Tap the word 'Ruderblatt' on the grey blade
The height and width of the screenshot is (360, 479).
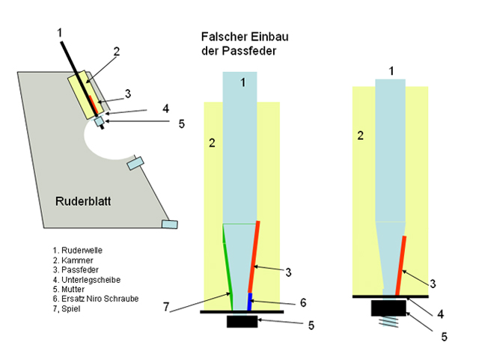click(x=85, y=201)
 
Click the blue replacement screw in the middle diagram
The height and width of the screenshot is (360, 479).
click(x=251, y=302)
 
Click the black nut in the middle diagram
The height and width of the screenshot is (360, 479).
click(x=241, y=322)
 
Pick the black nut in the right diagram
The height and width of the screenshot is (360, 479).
click(x=388, y=306)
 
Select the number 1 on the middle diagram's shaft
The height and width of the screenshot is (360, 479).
click(x=242, y=83)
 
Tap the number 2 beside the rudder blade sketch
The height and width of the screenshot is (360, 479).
click(x=117, y=52)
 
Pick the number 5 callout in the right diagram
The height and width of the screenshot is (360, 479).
click(x=444, y=337)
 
